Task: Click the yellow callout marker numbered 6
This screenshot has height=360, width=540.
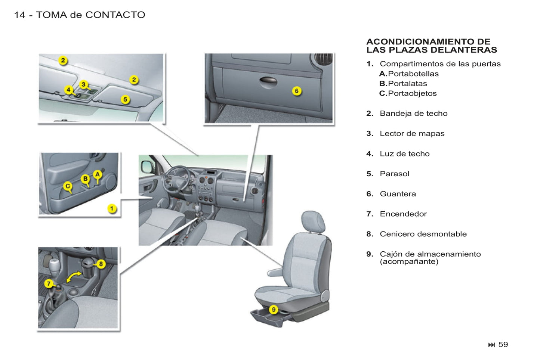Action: (x=297, y=91)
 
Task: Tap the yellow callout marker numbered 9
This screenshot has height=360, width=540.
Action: (x=274, y=309)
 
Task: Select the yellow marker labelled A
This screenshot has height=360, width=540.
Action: (x=98, y=174)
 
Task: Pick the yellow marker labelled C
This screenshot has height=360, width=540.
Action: (x=68, y=186)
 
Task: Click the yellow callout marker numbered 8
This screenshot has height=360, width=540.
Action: (x=101, y=264)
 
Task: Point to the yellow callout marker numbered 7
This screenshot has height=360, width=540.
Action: (x=49, y=283)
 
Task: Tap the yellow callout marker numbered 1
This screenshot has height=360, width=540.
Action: (x=112, y=208)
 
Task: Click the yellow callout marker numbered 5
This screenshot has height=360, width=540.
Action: (x=125, y=99)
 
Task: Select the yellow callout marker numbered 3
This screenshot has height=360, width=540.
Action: (x=83, y=84)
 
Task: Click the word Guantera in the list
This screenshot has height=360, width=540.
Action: (x=398, y=194)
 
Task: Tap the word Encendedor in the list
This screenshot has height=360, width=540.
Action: (x=403, y=214)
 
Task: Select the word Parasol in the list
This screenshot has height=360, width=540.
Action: (x=394, y=174)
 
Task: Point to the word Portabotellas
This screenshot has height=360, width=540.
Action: (x=413, y=74)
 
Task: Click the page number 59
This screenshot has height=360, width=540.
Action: (x=503, y=344)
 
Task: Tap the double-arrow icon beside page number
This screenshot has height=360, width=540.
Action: (x=491, y=345)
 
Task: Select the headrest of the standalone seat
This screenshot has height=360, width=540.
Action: (x=313, y=221)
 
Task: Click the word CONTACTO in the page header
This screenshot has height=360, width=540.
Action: (x=115, y=15)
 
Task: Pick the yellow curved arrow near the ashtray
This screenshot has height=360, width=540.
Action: (x=74, y=277)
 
